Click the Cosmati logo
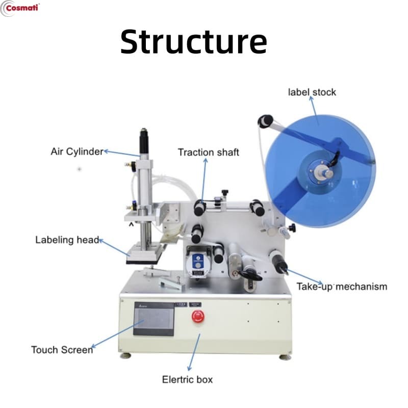(x=20, y=8)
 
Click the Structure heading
(x=194, y=42)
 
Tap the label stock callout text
(x=312, y=92)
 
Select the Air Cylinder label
(x=77, y=151)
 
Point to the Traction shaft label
(x=209, y=152)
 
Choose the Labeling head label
(x=67, y=240)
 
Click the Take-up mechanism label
(x=342, y=287)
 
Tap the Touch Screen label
(x=62, y=350)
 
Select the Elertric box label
(x=187, y=379)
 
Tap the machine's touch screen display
(x=154, y=319)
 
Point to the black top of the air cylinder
(x=144, y=142)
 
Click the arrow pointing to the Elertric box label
(x=194, y=352)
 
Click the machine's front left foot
(x=125, y=355)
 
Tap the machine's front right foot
(x=285, y=356)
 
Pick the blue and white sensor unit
(x=198, y=262)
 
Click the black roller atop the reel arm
(x=265, y=121)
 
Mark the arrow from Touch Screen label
(x=117, y=334)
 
